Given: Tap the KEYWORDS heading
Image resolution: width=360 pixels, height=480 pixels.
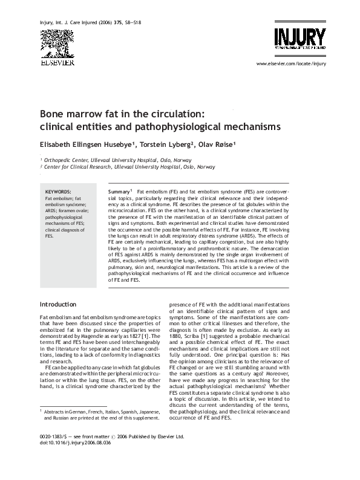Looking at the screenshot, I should pos(59,192).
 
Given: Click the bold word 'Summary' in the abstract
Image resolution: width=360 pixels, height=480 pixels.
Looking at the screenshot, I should pos(119,192).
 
